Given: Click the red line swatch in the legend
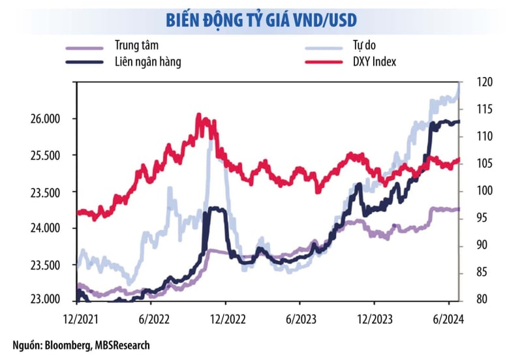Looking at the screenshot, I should click(324, 62).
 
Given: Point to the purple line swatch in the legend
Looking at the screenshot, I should click(85, 47).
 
